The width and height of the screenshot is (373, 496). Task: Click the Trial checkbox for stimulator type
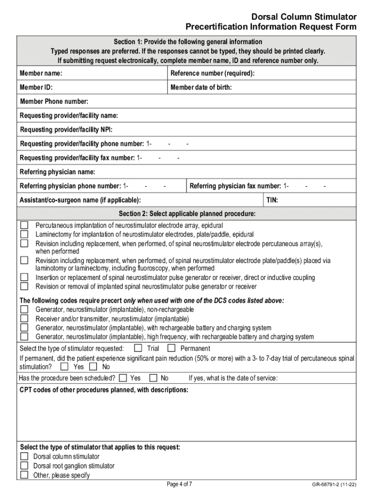138,348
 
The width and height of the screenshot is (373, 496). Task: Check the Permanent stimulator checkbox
171,348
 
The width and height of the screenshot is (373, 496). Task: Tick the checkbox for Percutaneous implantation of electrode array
24,225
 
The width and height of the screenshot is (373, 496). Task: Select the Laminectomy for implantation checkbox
24,234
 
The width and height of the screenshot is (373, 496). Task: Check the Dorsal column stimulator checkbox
24,456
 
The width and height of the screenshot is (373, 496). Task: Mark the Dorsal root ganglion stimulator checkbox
24,466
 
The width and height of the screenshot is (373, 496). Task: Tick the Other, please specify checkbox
24,475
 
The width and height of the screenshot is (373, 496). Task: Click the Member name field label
41,74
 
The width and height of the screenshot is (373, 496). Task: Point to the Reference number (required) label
213,74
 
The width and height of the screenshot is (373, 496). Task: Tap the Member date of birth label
201,88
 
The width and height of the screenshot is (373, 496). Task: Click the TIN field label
272,200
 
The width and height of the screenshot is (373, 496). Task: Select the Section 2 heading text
187,214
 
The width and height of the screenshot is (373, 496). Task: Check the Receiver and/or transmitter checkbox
24,319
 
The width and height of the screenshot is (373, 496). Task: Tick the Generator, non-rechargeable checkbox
24,310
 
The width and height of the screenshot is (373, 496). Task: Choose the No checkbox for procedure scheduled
154,378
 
